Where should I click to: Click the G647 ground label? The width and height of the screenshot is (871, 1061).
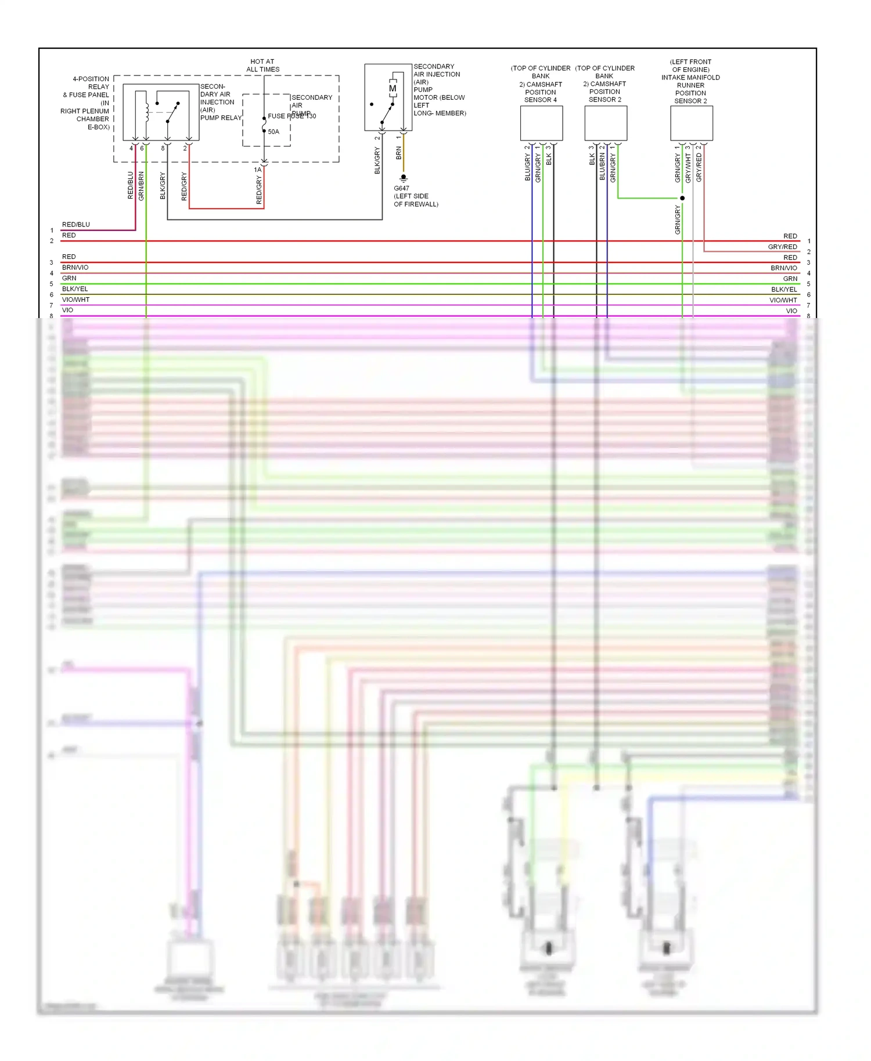(x=401, y=188)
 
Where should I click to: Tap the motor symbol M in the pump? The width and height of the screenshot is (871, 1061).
(x=393, y=89)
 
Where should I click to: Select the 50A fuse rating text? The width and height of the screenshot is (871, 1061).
(x=273, y=132)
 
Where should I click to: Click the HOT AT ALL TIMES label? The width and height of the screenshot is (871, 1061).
(x=262, y=65)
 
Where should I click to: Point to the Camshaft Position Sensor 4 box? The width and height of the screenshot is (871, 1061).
(x=541, y=123)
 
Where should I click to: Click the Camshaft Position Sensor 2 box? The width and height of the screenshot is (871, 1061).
(x=606, y=123)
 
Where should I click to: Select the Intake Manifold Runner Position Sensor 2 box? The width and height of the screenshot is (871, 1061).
(x=692, y=123)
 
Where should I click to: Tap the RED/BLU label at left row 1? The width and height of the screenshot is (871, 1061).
(x=76, y=225)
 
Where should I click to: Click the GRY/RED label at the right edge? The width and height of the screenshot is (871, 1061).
(x=782, y=247)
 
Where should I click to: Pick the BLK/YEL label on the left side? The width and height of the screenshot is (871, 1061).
(x=75, y=289)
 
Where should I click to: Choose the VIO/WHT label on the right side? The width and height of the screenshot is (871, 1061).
(x=783, y=300)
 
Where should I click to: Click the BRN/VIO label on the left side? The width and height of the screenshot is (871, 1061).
(x=75, y=268)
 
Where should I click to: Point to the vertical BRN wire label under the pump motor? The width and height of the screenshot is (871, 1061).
(x=399, y=153)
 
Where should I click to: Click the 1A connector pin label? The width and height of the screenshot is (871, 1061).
(x=258, y=170)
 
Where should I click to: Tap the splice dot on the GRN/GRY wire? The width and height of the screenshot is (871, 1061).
(x=682, y=198)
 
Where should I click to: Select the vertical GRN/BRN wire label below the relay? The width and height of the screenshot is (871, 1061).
(x=141, y=186)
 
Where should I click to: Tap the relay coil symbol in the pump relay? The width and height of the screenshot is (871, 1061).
(x=146, y=110)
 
